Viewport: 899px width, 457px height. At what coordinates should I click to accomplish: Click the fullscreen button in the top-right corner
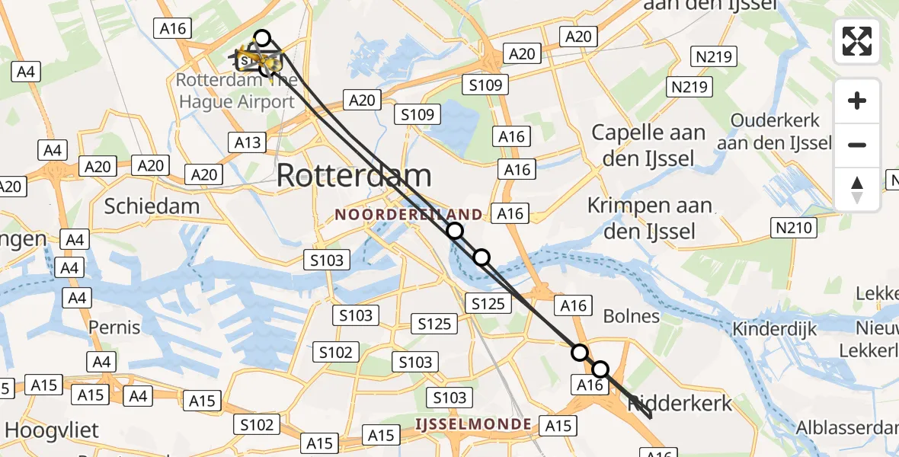point(857,41)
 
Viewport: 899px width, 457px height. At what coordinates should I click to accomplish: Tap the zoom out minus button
point(857,145)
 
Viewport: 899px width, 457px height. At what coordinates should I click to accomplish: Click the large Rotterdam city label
point(354,176)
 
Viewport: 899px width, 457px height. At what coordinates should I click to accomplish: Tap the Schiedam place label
point(152,206)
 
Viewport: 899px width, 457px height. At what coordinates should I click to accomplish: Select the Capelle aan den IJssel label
point(648,145)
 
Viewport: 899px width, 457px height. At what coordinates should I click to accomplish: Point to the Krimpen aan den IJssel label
point(650,218)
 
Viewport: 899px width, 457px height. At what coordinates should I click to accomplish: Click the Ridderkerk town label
point(680,404)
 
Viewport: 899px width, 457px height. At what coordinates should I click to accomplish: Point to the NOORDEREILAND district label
point(408,215)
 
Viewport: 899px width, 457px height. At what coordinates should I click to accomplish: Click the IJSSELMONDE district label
point(473,423)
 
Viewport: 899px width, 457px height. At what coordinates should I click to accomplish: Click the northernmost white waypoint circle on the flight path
point(262,37)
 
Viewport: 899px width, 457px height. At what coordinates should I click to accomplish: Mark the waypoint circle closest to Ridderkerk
point(600,369)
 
